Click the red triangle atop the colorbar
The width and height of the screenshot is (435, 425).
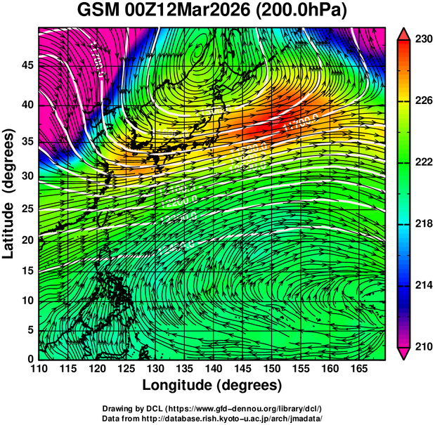(x=403, y=34)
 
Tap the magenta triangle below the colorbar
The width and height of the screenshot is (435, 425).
(x=403, y=353)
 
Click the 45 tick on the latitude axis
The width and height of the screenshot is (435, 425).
(x=27, y=66)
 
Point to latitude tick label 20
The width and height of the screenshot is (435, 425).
(x=27, y=240)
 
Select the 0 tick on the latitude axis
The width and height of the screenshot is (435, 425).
(x=30, y=359)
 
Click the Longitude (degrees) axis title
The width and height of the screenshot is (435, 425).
(x=212, y=386)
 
